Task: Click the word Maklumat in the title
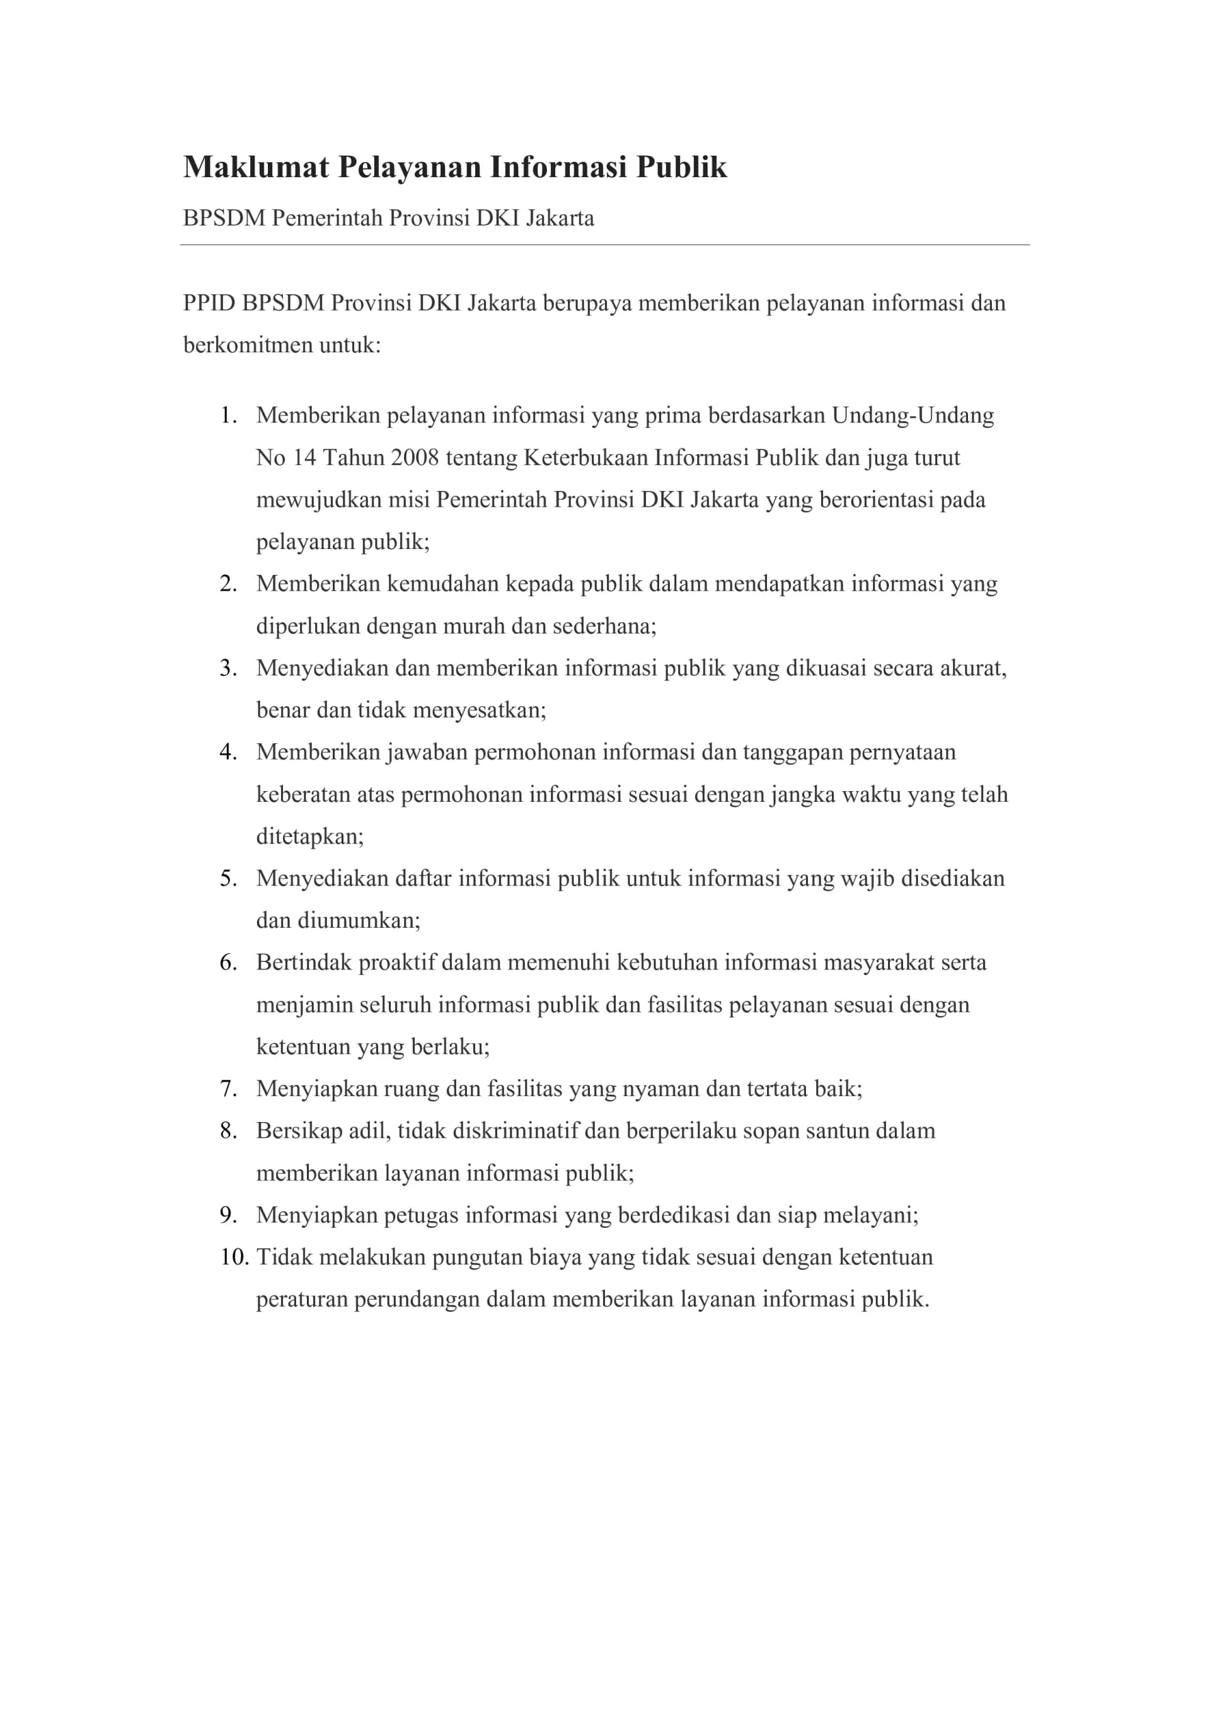(x=256, y=167)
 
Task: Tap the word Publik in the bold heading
(x=681, y=167)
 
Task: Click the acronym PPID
(x=209, y=303)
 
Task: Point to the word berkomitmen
(x=248, y=345)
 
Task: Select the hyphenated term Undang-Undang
(x=913, y=415)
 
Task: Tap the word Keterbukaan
(x=585, y=457)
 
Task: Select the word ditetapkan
(x=309, y=836)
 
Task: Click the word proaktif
(x=396, y=963)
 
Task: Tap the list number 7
(x=228, y=1089)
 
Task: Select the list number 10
(x=233, y=1258)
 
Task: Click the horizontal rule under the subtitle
(x=604, y=245)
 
